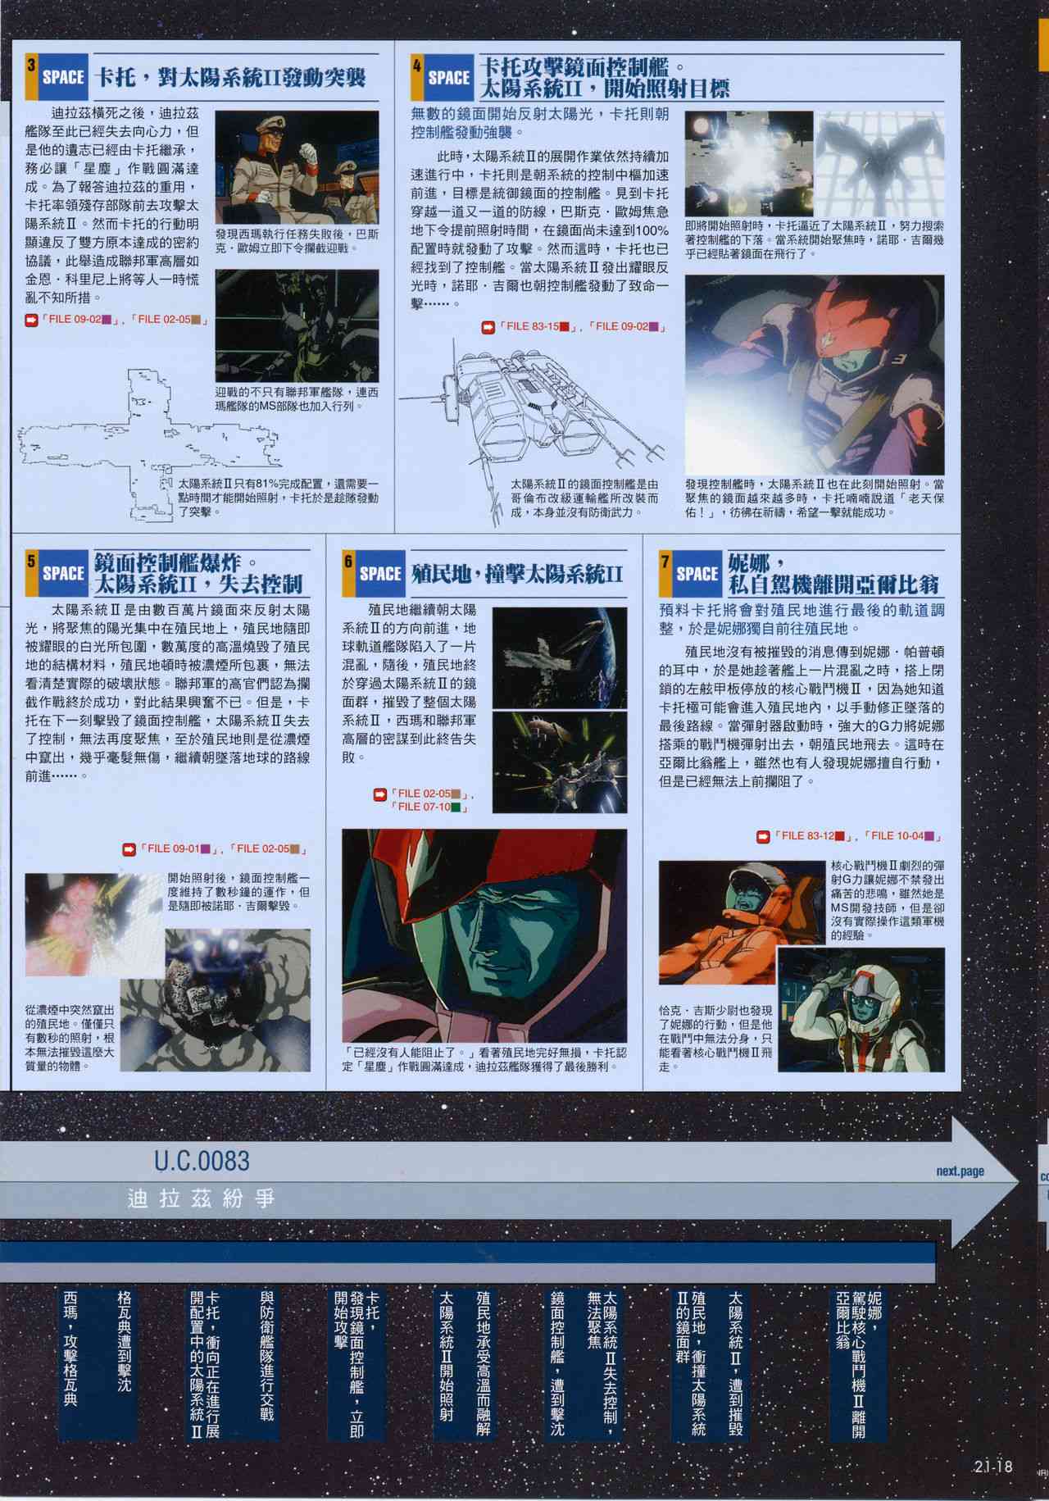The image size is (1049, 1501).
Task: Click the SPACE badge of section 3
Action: click(x=62, y=77)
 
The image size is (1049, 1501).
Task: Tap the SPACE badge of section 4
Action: click(x=448, y=78)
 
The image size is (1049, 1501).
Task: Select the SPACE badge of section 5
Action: click(x=62, y=573)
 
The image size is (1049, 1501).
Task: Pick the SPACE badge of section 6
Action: click(x=379, y=573)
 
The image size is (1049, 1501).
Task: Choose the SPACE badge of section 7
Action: click(x=697, y=573)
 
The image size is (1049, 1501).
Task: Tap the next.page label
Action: click(x=960, y=1171)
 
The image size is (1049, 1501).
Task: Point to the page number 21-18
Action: click(x=993, y=1467)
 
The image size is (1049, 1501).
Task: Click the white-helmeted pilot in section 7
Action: click(x=861, y=1012)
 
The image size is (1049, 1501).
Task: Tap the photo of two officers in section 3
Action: click(x=297, y=168)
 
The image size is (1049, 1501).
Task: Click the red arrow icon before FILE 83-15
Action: click(x=488, y=326)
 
